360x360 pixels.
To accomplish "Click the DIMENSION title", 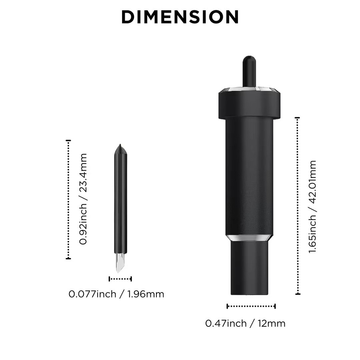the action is pos(180,17).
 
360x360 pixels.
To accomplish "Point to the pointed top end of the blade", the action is pos(120,144).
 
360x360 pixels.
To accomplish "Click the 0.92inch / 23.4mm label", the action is pos(83,199).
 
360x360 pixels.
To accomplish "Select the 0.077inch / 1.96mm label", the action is pos(116,294).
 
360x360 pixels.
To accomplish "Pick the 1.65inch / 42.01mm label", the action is pos(312,207).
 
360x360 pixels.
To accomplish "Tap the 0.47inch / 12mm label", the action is pos(245,323).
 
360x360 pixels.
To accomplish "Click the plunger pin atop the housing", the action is pos(249,72).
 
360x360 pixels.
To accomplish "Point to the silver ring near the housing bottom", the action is pos(249,238).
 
